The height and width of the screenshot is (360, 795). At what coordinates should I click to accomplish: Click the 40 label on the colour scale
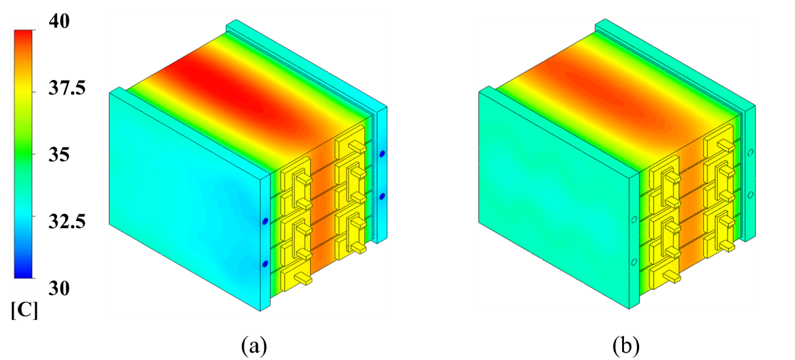coord(59,21)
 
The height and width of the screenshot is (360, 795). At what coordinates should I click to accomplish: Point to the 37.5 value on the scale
coord(67,88)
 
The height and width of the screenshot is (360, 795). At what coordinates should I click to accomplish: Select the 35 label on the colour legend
coord(59,155)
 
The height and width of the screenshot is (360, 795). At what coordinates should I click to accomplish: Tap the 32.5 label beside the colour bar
coord(67,222)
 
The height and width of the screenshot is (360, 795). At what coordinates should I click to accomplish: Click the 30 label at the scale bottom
coord(59,289)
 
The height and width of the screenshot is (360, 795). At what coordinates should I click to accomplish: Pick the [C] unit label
coord(24,311)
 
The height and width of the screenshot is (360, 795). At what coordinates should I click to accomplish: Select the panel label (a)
coord(254,346)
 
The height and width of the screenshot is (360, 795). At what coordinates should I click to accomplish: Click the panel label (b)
coord(626,346)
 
